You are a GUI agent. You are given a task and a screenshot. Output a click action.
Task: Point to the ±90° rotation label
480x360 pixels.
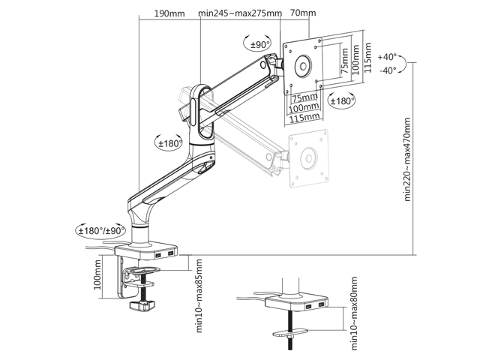259,45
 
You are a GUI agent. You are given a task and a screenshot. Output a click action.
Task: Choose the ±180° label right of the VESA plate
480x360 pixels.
343,100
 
